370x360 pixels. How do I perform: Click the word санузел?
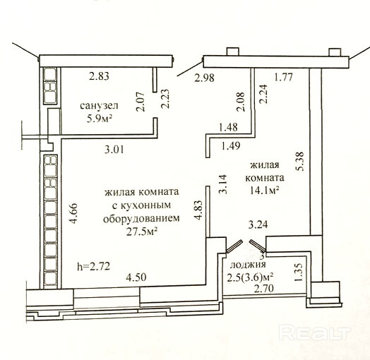[x=99, y=106]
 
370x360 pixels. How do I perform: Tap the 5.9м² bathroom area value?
[x=99, y=119]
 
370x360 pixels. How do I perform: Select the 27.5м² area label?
[x=142, y=232]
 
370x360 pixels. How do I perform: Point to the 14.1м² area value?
[x=265, y=191]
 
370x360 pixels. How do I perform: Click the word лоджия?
[x=248, y=265]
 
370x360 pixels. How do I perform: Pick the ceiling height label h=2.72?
[x=94, y=267]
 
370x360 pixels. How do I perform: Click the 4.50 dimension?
[x=136, y=277]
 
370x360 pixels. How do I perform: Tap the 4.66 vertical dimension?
[x=73, y=213]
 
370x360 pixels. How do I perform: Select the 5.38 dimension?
[x=300, y=162]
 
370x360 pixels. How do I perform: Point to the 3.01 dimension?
[x=114, y=150]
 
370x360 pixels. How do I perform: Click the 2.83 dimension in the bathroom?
[x=100, y=76]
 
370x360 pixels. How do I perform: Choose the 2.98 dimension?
[x=204, y=78]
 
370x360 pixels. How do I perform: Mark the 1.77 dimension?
[x=283, y=77]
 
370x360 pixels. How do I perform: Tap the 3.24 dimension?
[x=258, y=224]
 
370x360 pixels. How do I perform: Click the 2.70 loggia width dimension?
[x=264, y=288]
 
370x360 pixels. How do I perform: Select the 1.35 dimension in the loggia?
[x=299, y=272]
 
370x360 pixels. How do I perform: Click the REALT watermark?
[x=314, y=332]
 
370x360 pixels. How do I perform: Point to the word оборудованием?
[x=141, y=219]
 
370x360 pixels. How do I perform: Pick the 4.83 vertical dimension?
[x=198, y=210]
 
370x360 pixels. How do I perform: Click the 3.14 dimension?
[x=223, y=184]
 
